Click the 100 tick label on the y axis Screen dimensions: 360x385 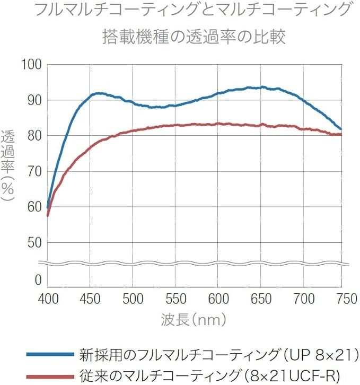coord(32,65)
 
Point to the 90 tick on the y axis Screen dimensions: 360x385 coord(34,100)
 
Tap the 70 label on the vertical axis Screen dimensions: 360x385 coord(34,171)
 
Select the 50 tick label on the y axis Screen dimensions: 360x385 coord(34,242)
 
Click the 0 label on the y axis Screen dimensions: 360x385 coord(38,280)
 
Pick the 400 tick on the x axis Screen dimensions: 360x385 coord(48,299)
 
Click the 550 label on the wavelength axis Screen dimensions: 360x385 coord(175,299)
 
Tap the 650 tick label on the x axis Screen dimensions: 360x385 coord(261,299)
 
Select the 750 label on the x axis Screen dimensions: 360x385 coord(347,299)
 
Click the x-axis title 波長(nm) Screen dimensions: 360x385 coord(194,320)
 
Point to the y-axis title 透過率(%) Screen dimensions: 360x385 coord(8,165)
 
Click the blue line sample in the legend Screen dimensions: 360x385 coord(50,354)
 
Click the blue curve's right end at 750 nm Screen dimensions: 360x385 coord(341,129)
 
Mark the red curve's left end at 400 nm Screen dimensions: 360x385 coord(48,215)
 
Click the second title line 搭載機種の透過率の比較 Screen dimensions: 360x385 coord(194,37)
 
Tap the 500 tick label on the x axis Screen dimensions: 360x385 coord(133,299)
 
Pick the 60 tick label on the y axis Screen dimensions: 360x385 coord(34,207)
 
